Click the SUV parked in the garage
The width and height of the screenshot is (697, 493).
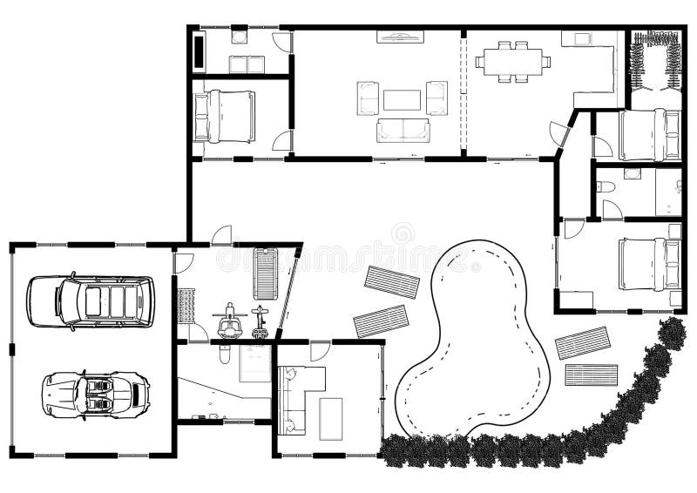click(90, 301)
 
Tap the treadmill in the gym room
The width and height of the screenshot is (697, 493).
click(264, 272)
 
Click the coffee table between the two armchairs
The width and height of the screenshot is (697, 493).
click(402, 99)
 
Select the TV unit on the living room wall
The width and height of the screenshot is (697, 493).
click(400, 37)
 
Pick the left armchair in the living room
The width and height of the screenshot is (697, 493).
click(368, 98)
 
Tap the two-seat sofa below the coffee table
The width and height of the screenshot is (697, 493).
click(403, 130)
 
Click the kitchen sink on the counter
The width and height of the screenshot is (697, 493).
click(576, 39)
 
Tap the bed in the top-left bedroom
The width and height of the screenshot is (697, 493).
click(226, 116)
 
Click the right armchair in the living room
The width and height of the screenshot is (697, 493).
click(436, 98)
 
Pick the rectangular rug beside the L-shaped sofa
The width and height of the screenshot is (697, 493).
click(330, 418)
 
